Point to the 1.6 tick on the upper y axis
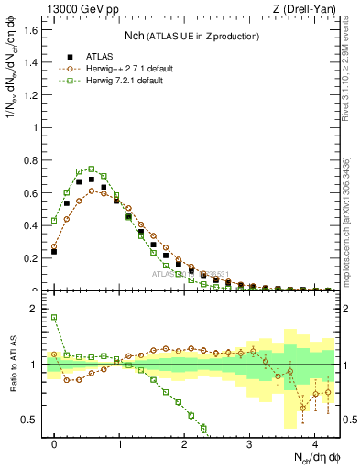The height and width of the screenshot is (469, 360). (x=34, y=29)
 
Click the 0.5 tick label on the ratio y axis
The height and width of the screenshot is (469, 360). (x=34, y=420)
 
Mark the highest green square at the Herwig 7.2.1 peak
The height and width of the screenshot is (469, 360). (x=92, y=169)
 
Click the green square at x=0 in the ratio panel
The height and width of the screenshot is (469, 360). (x=54, y=318)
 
